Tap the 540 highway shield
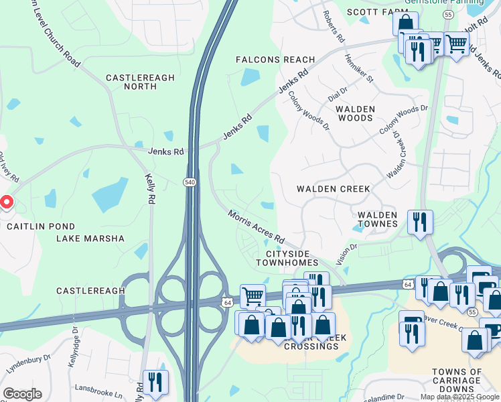pyautogui.click(x=190, y=182)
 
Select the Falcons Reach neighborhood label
pyautogui.click(x=275, y=60)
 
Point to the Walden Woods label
pyautogui.click(x=354, y=113)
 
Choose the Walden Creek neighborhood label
pyautogui.click(x=334, y=189)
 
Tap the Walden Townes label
pyautogui.click(x=378, y=219)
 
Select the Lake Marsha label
pyautogui.click(x=90, y=239)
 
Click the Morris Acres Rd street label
pyautogui.click(x=257, y=226)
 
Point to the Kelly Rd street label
pyautogui.click(x=151, y=189)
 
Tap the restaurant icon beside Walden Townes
pyautogui.click(x=420, y=222)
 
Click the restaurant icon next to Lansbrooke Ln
pyautogui.click(x=155, y=382)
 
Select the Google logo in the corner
pyautogui.click(x=22, y=394)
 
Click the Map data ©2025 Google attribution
pyautogui.click(x=459, y=397)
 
